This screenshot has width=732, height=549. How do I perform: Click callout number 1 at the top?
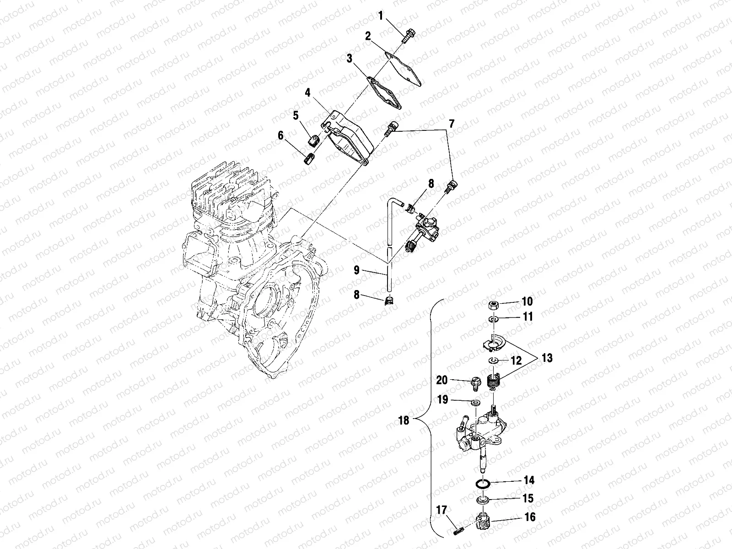click(380, 16)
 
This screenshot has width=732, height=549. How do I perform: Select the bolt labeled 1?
click(408, 35)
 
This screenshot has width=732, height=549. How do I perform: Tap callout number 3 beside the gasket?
click(349, 58)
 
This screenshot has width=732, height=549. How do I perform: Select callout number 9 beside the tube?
click(356, 270)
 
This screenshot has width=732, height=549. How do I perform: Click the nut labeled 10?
click(494, 304)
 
